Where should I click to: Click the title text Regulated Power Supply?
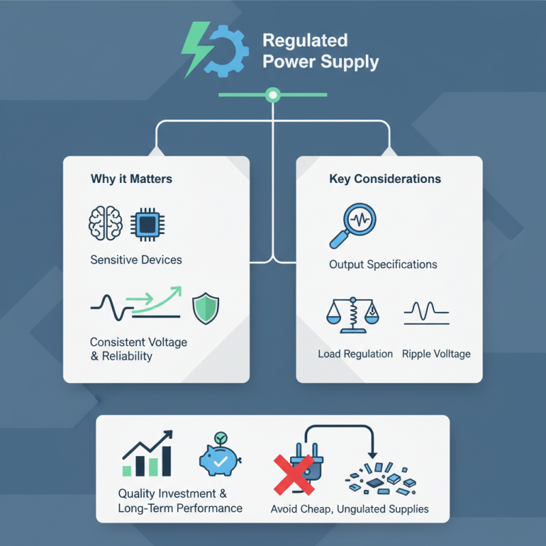point(320,51)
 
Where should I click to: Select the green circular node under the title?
point(273,95)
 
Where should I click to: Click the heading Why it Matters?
point(131,179)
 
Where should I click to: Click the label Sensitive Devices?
point(136,260)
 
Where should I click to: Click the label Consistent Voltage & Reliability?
point(139,349)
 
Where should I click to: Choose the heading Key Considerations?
point(385,179)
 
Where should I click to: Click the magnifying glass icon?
point(354,225)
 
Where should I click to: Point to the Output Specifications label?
point(383,264)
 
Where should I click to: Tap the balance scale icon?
point(354,313)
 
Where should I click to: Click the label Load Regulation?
point(356,354)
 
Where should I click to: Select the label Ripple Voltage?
point(436,354)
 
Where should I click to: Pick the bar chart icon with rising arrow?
point(147,455)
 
